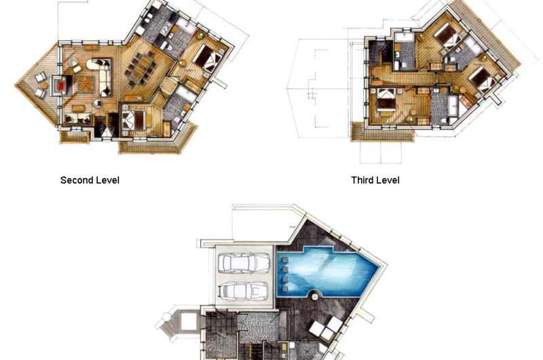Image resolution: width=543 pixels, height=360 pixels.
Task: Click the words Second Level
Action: tap(90, 180)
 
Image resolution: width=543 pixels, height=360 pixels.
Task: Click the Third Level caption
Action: tap(375, 180)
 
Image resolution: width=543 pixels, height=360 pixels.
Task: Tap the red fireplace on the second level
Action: tap(61, 86)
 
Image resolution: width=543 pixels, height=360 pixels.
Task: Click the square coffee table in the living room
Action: tap(86, 84)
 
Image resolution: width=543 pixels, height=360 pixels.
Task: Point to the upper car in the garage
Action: tap(245, 263)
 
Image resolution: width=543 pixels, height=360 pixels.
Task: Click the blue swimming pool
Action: tap(326, 271)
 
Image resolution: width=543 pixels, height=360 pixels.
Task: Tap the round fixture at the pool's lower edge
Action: tap(314, 297)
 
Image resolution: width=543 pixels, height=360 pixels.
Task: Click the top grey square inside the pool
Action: tap(284, 260)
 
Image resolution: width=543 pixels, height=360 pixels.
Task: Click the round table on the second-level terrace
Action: tap(44, 85)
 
